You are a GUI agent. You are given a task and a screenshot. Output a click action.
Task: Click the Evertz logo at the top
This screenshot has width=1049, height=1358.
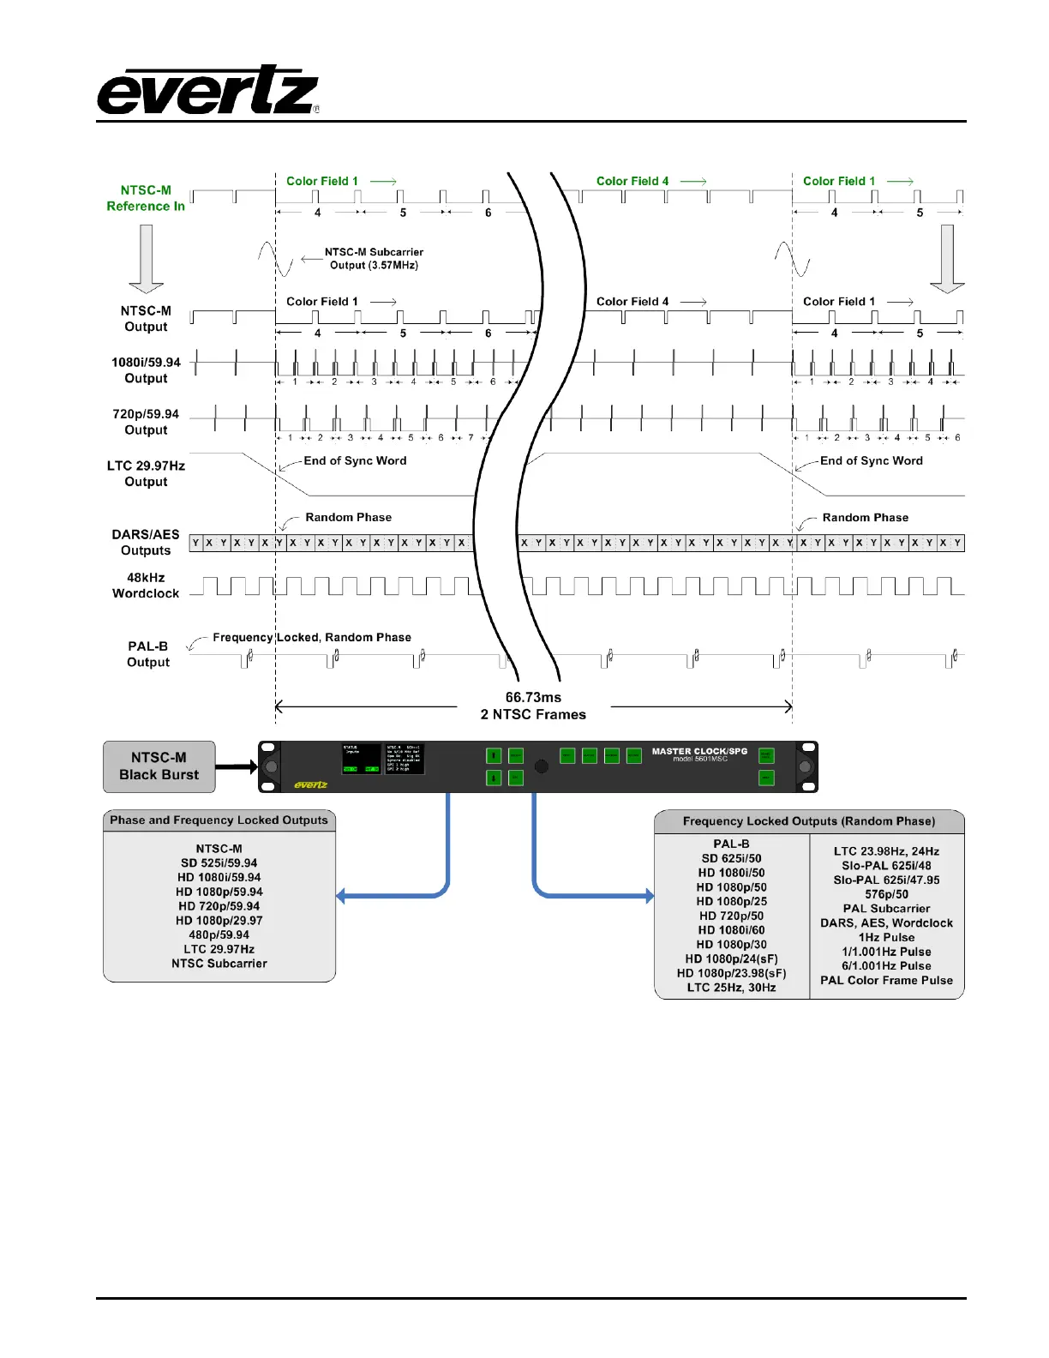(x=207, y=91)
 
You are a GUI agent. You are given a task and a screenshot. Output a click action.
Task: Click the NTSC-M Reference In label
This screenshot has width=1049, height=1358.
(x=146, y=198)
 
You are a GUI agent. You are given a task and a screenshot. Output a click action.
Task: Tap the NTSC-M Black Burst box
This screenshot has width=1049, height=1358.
(x=159, y=766)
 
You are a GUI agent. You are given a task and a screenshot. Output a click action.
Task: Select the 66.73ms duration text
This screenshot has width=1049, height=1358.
(x=533, y=698)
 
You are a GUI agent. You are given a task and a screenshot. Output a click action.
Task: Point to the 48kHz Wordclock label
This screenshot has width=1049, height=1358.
(x=146, y=586)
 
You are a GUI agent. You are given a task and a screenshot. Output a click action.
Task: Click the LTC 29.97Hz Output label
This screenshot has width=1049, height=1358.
(x=146, y=473)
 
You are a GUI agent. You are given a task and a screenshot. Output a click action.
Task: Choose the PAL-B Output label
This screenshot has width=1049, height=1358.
(x=147, y=654)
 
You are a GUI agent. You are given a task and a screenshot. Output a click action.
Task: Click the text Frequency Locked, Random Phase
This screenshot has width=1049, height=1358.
(x=312, y=637)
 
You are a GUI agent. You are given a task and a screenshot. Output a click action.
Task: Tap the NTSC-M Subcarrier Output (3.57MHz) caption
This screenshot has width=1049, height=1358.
(x=374, y=258)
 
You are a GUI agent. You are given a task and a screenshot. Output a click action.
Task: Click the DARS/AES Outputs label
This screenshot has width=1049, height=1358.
(x=146, y=542)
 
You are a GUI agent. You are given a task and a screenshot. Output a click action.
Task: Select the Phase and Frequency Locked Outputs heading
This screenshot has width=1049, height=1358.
(x=219, y=820)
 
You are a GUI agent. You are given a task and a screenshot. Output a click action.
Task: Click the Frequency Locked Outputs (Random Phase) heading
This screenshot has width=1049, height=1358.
(x=809, y=821)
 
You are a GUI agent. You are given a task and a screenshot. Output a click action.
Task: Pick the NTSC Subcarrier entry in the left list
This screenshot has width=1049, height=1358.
(x=219, y=964)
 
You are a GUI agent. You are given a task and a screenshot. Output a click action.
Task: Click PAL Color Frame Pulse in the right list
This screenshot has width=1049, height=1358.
(x=886, y=980)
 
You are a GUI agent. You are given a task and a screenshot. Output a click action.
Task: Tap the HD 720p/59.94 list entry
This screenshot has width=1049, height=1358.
(x=219, y=906)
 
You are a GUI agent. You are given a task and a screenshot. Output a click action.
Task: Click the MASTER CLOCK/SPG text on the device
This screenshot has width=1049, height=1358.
(x=699, y=751)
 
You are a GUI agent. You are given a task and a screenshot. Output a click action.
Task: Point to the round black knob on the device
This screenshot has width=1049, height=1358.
(x=542, y=766)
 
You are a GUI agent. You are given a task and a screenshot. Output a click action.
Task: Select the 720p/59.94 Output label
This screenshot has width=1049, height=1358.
(x=146, y=422)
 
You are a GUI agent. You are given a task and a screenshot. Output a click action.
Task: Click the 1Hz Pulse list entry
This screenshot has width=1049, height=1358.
(x=886, y=937)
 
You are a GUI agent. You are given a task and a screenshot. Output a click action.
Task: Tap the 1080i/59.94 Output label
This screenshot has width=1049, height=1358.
(x=146, y=370)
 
